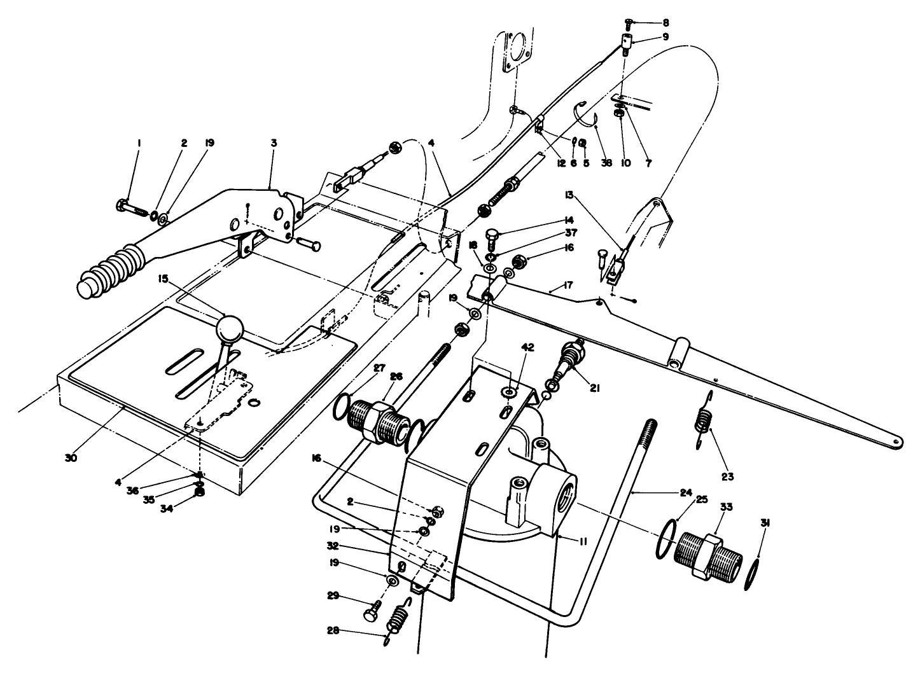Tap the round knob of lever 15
230,328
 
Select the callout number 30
71,457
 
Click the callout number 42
510,347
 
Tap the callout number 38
606,163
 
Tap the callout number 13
569,193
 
